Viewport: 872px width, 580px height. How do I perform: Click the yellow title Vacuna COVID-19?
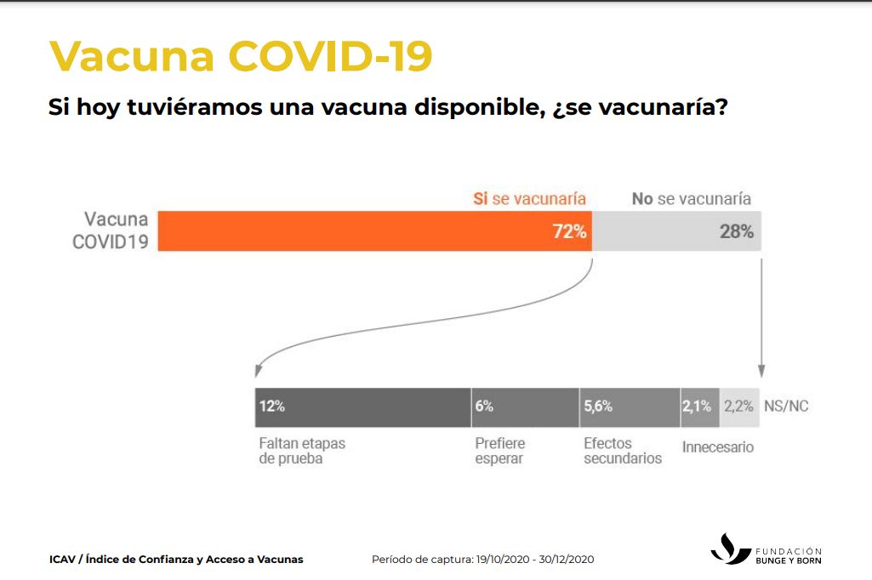(241, 56)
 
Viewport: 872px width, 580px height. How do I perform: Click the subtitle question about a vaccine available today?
(388, 108)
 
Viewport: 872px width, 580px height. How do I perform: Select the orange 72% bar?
(374, 230)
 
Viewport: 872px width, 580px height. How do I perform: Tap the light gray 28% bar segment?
(675, 230)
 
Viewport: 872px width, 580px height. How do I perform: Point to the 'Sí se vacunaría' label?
(529, 198)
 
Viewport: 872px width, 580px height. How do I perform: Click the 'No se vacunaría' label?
(691, 198)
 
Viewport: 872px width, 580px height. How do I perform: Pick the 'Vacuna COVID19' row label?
(110, 230)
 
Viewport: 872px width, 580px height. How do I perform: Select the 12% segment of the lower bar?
(363, 407)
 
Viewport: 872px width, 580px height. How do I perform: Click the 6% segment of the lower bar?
(525, 407)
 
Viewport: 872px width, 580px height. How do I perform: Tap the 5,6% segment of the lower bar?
(629, 407)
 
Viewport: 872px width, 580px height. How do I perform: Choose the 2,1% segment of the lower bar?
(699, 407)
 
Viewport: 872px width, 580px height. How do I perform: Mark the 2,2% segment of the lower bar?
(738, 407)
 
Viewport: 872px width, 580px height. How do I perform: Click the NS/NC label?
(786, 407)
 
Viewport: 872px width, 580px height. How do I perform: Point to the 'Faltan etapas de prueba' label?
(302, 451)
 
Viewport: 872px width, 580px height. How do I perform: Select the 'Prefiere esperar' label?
(499, 451)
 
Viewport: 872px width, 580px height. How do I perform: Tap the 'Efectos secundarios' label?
(623, 451)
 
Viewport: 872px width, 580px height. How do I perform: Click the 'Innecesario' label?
(718, 446)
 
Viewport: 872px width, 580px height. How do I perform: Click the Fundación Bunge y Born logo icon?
(730, 549)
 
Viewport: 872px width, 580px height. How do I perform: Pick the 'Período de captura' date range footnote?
(482, 559)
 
